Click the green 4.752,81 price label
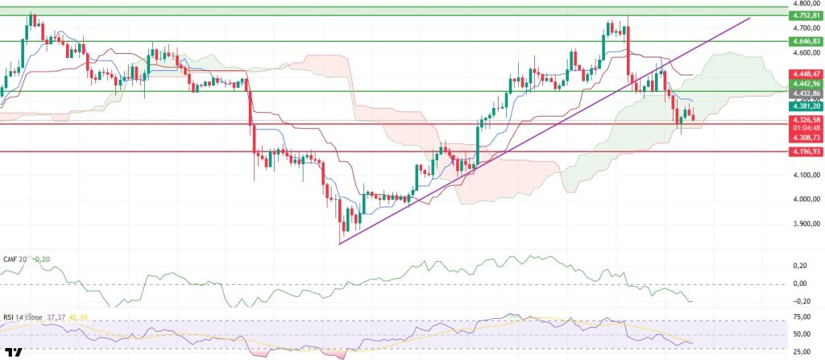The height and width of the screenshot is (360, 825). click(x=806, y=15)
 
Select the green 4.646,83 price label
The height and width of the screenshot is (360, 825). click(x=806, y=40)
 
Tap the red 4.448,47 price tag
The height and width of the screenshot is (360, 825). click(x=806, y=74)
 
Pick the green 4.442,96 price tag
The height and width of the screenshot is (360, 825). click(x=806, y=84)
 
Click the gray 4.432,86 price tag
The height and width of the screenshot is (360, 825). click(x=806, y=93)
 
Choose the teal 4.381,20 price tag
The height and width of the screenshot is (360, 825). click(x=806, y=106)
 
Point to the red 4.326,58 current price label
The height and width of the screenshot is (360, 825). click(x=806, y=120)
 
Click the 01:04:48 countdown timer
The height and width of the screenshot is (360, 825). click(x=806, y=127)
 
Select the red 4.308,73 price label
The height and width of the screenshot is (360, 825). click(x=806, y=138)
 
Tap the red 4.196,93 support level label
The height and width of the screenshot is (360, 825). click(x=806, y=151)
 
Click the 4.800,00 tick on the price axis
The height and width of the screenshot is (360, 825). click(x=806, y=4)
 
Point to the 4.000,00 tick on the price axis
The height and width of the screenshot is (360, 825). click(x=806, y=199)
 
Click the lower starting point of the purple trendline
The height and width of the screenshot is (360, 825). click(x=340, y=243)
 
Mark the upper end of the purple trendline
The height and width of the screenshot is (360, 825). click(x=752, y=18)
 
